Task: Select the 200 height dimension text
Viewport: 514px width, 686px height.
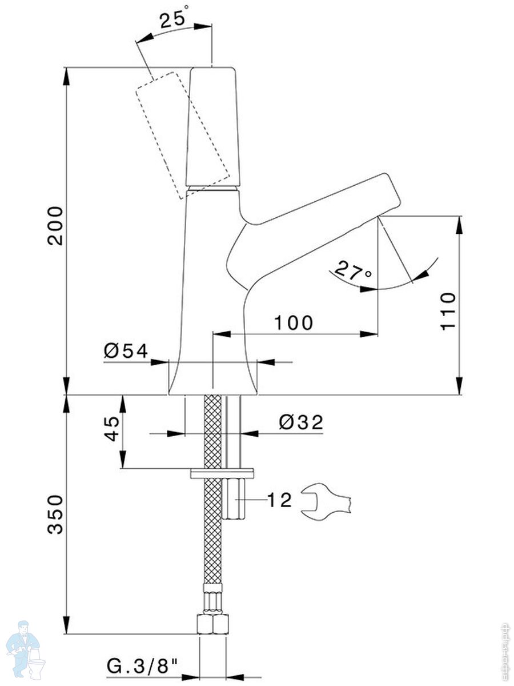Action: pos(55,226)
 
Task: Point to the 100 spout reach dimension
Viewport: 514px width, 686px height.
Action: pos(294,323)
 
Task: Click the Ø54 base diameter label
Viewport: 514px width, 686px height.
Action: pos(126,350)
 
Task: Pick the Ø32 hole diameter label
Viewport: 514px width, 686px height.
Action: pos(301,422)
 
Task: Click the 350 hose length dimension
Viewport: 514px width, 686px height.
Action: pos(55,514)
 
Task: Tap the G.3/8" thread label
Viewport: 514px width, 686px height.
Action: pos(142,665)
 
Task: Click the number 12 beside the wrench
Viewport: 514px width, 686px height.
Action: pos(280,500)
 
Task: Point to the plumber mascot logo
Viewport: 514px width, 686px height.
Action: pos(26,649)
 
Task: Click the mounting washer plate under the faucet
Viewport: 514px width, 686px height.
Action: pos(222,473)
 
